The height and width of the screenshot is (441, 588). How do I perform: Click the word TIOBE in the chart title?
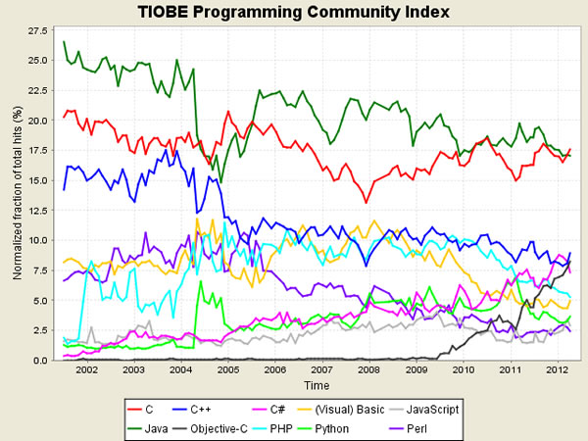pos(172,13)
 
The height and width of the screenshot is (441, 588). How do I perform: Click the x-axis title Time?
pos(316,387)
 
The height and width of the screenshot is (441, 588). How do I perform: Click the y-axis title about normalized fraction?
pos(17,196)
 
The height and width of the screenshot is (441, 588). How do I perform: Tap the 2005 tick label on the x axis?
pos(229,372)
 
